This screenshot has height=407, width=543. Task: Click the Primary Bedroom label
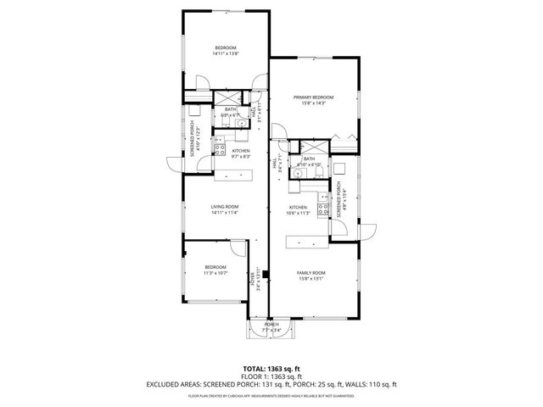click(314, 98)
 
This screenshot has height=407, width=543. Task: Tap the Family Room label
click(311, 272)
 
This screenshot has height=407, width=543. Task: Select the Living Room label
click(225, 207)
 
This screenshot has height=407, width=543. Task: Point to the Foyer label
click(253, 278)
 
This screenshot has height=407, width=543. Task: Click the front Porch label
click(271, 325)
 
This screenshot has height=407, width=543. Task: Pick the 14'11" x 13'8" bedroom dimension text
click(225, 53)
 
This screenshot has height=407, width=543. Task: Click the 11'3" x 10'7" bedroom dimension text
click(215, 273)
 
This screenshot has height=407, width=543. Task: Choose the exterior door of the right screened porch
click(367, 230)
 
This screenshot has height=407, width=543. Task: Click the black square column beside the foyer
click(266, 275)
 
